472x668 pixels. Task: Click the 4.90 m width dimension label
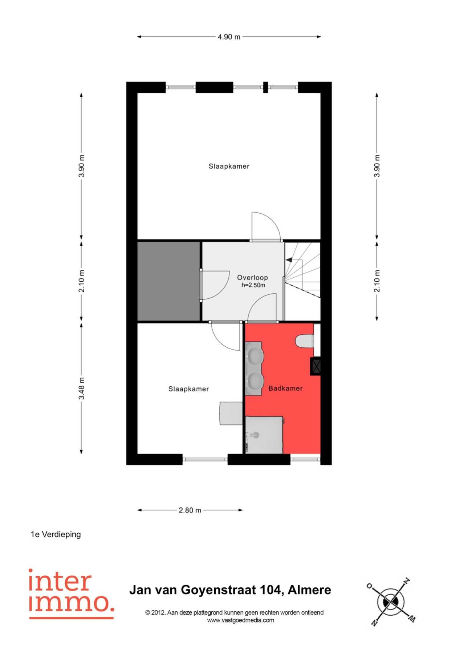click(x=229, y=37)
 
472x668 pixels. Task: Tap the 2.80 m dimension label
click(x=190, y=510)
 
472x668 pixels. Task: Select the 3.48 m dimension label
click(x=82, y=389)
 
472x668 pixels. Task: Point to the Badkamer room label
click(x=285, y=388)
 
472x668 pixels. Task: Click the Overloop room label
click(x=252, y=278)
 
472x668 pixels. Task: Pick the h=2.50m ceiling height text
click(x=253, y=285)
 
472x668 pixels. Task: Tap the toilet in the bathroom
click(x=305, y=341)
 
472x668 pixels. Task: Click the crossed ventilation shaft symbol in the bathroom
click(x=316, y=366)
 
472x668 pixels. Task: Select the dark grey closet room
click(x=169, y=281)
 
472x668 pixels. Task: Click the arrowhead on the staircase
click(x=289, y=260)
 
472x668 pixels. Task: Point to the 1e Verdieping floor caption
click(x=56, y=534)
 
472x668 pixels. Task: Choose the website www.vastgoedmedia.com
click(x=240, y=620)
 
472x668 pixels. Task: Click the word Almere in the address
click(x=309, y=589)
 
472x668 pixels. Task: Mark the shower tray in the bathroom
click(x=264, y=435)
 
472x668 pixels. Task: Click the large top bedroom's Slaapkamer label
click(x=229, y=166)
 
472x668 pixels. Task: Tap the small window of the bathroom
click(x=305, y=459)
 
